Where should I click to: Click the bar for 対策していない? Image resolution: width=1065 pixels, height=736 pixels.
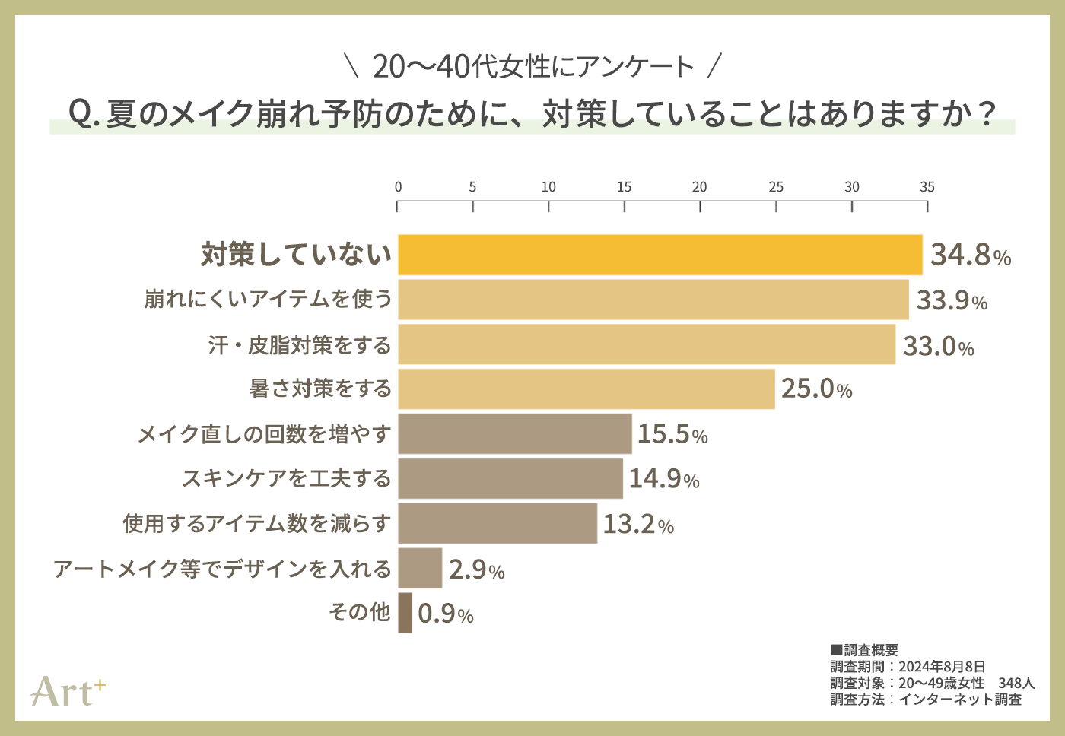point(660,255)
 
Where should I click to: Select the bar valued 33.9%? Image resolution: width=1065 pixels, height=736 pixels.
point(653,300)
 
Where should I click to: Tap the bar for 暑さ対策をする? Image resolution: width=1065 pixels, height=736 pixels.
point(586,389)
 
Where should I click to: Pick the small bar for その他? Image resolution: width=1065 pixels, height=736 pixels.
point(405,613)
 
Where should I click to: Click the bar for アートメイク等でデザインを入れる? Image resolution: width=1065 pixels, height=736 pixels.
point(420,568)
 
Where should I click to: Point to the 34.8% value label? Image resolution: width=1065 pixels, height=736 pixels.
point(971,255)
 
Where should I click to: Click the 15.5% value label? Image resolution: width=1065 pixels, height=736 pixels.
point(672,434)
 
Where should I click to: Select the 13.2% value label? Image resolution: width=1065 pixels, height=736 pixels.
point(638,524)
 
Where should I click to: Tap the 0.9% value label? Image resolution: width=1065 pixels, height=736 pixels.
point(446,614)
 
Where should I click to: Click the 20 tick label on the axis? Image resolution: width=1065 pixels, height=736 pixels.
point(699,187)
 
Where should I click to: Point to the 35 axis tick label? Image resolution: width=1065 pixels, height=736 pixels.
point(927,187)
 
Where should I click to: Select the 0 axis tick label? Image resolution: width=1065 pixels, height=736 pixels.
point(398,187)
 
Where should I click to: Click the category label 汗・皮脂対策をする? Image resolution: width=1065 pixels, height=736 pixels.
point(300,345)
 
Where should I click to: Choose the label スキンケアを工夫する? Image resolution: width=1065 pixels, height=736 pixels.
point(286,478)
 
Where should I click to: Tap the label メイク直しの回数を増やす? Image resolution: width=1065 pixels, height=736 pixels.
point(264,434)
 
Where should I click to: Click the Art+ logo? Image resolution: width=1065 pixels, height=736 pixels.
point(68,691)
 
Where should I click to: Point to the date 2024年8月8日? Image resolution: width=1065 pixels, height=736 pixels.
point(942,667)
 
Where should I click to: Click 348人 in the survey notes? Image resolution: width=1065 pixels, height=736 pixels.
point(1016,683)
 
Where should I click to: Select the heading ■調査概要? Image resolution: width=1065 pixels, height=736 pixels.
point(864,650)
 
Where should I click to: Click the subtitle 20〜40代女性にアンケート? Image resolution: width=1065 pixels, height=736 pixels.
point(532,67)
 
